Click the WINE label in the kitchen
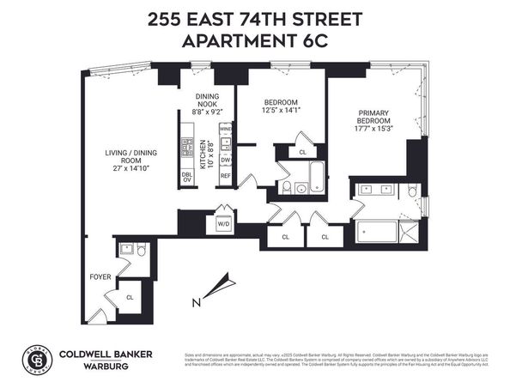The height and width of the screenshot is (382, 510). click(226, 129)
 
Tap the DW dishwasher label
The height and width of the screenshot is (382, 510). click(226, 160)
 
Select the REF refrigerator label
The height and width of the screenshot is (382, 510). click(226, 177)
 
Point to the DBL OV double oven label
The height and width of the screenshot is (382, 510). click(187, 177)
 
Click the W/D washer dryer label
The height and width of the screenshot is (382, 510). click(222, 225)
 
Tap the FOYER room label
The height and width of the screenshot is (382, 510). click(100, 277)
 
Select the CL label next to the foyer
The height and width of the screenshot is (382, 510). click(131, 297)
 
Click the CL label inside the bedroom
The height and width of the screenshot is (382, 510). click(303, 153)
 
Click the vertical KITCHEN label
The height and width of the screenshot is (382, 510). click(203, 155)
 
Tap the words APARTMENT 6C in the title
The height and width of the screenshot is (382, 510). click(255, 40)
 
